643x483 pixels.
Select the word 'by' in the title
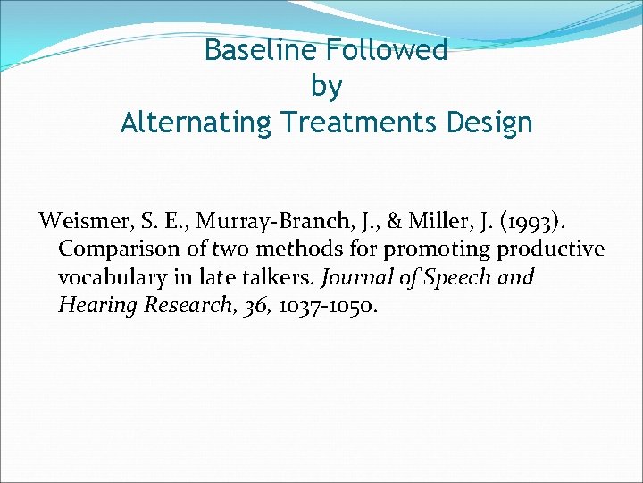click(x=326, y=86)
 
